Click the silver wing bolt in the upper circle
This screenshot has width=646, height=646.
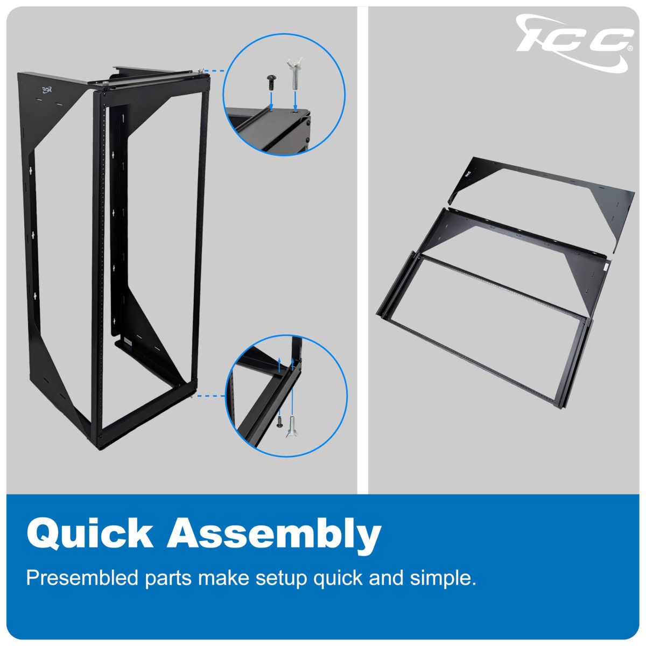pos(295,73)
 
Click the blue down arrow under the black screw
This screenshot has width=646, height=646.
pos(271,101)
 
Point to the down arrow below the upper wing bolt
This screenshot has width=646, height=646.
pos(295,101)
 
